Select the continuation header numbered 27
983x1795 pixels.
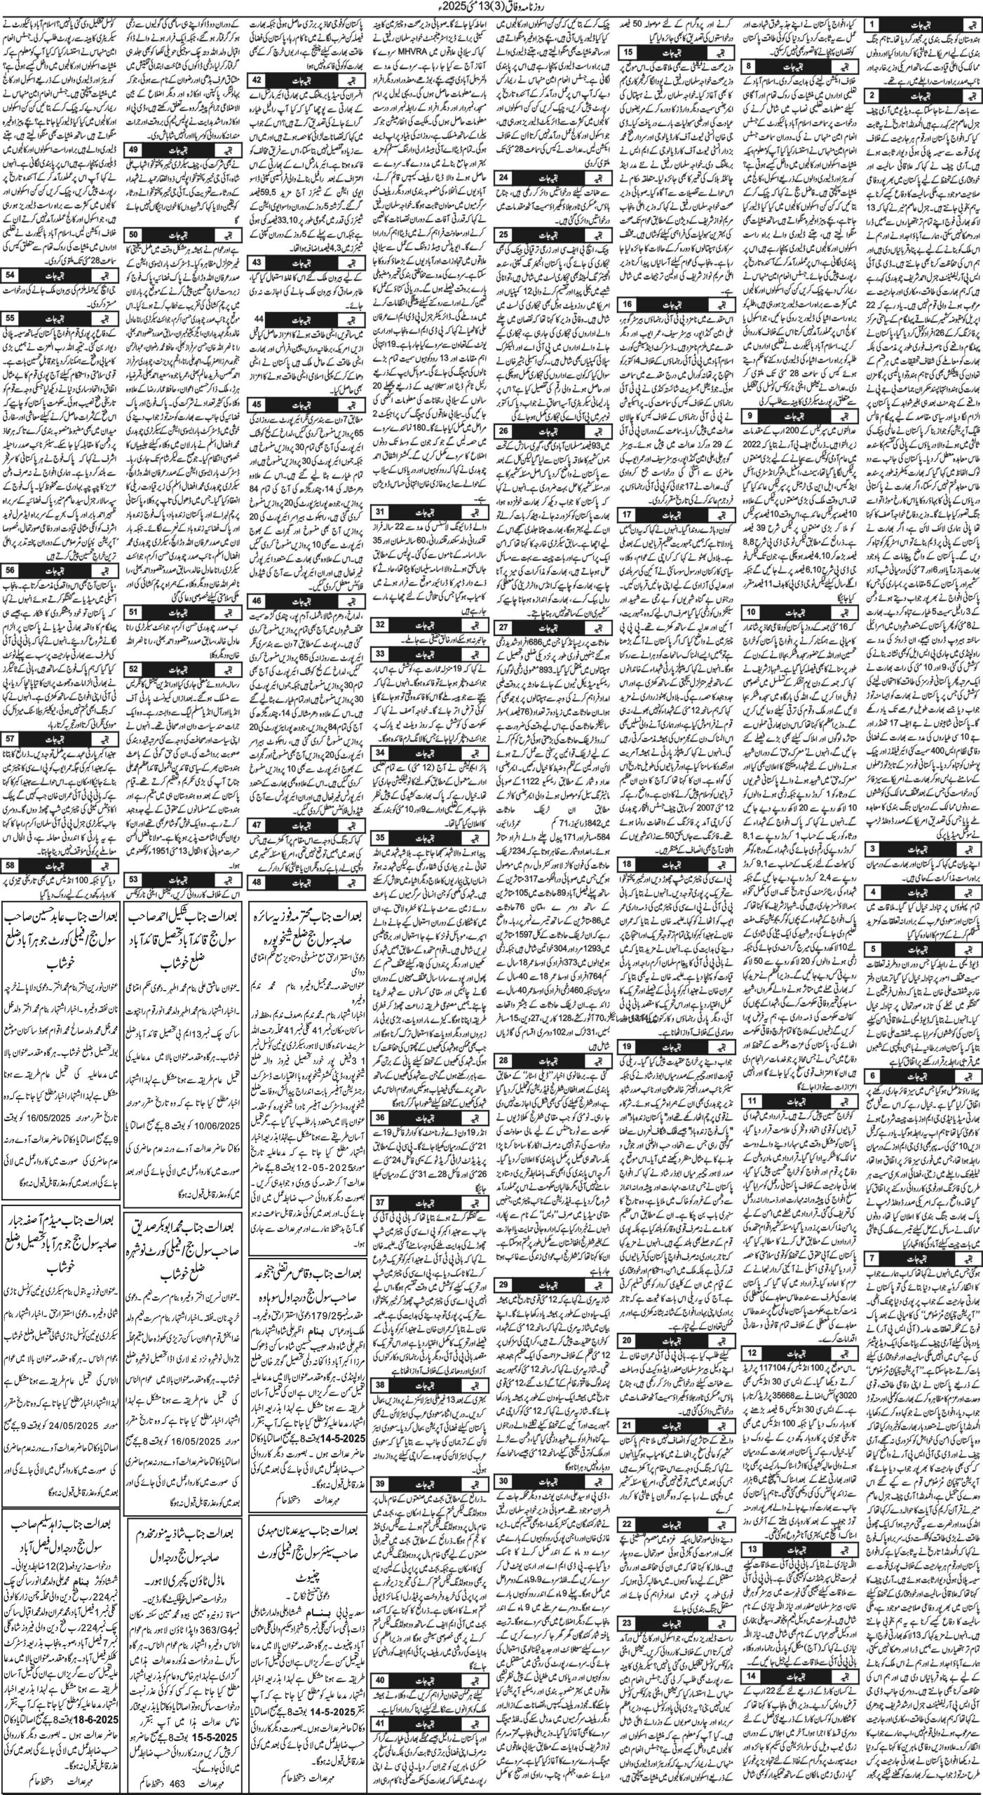[503, 626]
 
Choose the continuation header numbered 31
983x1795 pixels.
[379, 512]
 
